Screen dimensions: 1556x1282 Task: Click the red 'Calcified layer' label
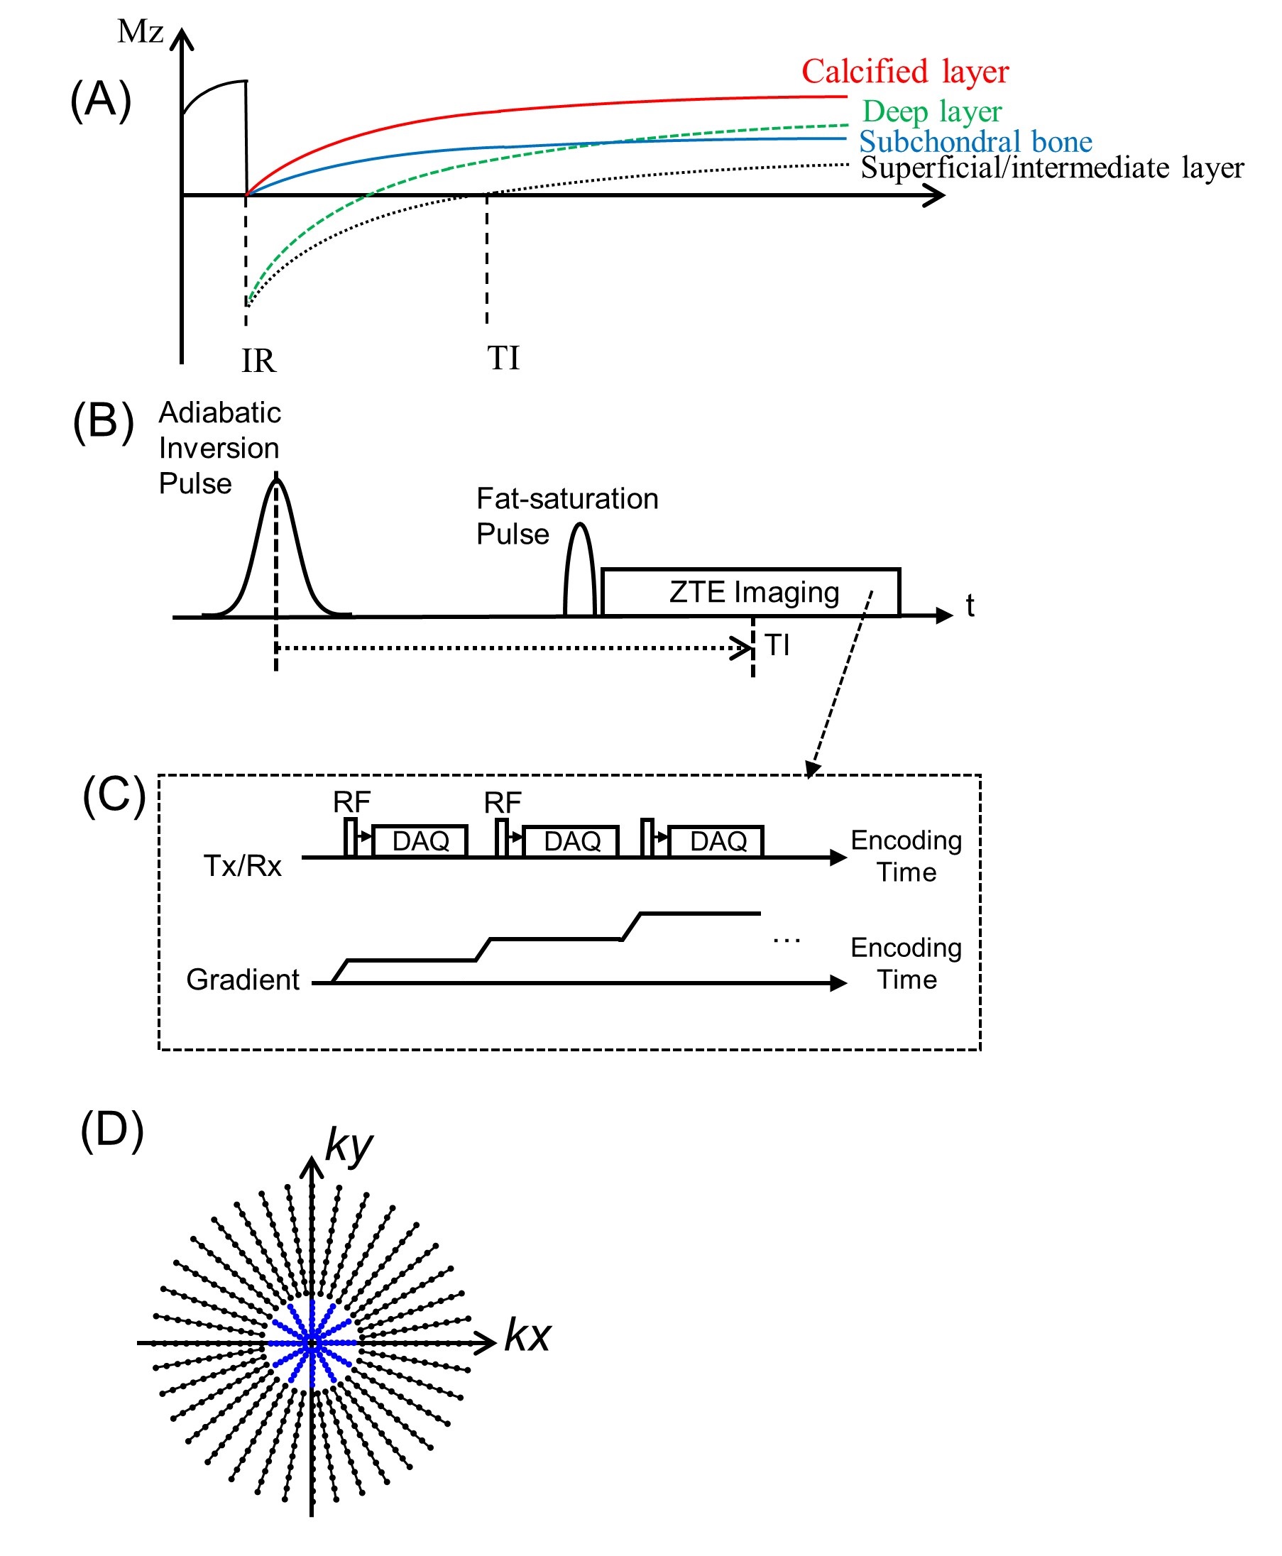pyautogui.click(x=904, y=72)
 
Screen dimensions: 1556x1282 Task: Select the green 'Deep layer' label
pyautogui.click(x=932, y=111)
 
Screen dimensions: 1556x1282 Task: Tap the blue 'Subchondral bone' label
pyautogui.click(x=975, y=141)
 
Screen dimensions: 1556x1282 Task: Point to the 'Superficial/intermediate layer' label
pyautogui.click(x=1051, y=168)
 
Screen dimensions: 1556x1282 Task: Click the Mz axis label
pyautogui.click(x=141, y=32)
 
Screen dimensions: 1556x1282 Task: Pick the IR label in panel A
pyautogui.click(x=258, y=361)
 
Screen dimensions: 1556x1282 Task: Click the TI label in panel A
pyautogui.click(x=503, y=358)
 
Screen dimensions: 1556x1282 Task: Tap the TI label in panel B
pyautogui.click(x=777, y=645)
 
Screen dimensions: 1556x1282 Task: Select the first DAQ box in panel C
pyautogui.click(x=420, y=840)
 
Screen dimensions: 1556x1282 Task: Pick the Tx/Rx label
pyautogui.click(x=242, y=865)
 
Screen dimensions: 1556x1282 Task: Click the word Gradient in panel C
pyautogui.click(x=242, y=979)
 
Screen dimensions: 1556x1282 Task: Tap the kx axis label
pyautogui.click(x=527, y=1335)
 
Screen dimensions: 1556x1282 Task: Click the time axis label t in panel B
pyautogui.click(x=970, y=606)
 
